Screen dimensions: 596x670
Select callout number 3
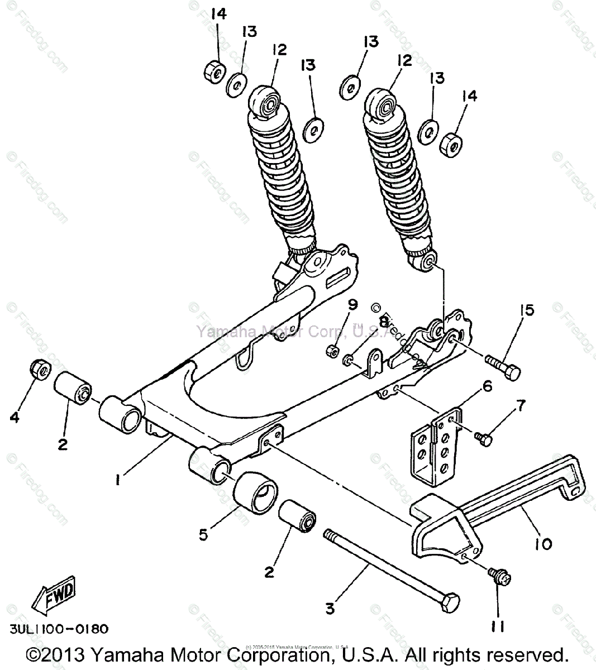[331, 607]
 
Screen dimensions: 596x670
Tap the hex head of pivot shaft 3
[449, 603]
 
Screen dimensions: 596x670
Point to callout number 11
[498, 628]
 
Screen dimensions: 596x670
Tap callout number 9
[352, 304]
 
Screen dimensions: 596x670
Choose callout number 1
[117, 479]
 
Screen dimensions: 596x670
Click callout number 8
[384, 322]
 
